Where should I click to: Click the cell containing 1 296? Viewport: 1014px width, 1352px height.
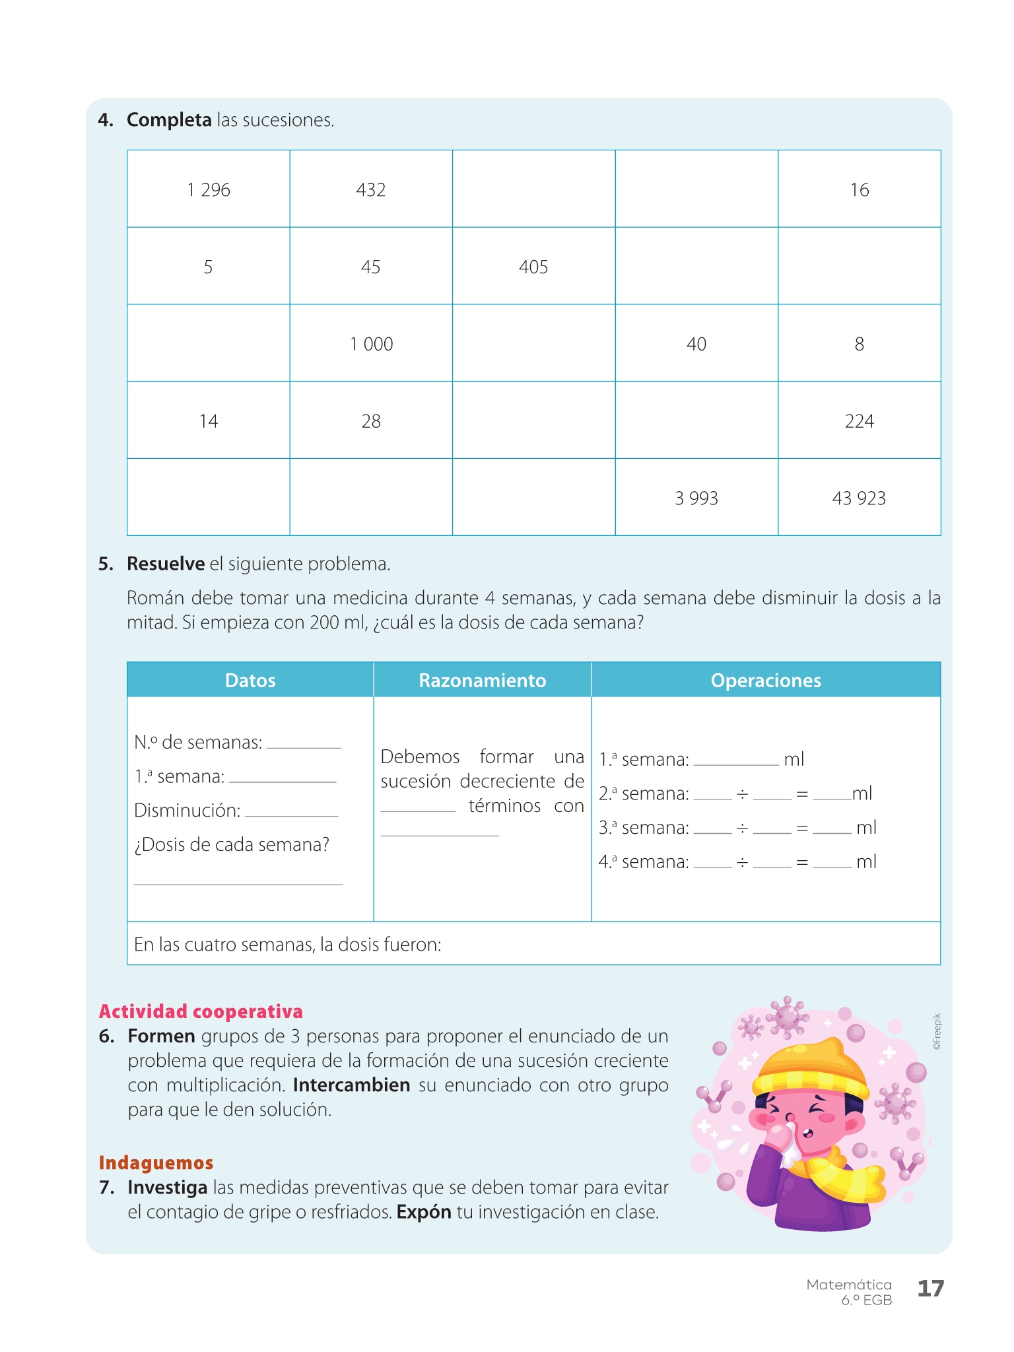209,190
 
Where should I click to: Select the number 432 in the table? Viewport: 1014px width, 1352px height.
370,190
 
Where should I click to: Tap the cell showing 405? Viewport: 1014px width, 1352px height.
533,267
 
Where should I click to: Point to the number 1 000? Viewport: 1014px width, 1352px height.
371,344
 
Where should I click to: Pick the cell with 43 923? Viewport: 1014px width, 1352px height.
859,498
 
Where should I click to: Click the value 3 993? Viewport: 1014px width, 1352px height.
696,498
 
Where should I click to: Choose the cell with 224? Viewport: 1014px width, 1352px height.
859,421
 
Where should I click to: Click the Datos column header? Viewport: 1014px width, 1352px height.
250,681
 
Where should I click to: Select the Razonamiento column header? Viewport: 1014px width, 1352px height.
483,681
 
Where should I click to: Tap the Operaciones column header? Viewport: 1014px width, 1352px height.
766,681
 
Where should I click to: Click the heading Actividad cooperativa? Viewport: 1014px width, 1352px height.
201,1011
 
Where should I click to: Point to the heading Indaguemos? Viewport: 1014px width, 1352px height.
156,1163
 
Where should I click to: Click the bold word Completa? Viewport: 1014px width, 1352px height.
169,120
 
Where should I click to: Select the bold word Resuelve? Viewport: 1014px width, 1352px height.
166,564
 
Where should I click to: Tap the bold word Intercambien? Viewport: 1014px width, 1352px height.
351,1085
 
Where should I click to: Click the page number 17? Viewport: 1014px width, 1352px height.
931,1288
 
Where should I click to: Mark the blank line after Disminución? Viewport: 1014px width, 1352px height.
291,814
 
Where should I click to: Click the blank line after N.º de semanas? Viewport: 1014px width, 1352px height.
304,746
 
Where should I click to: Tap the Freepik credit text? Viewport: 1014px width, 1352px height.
937,1031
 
